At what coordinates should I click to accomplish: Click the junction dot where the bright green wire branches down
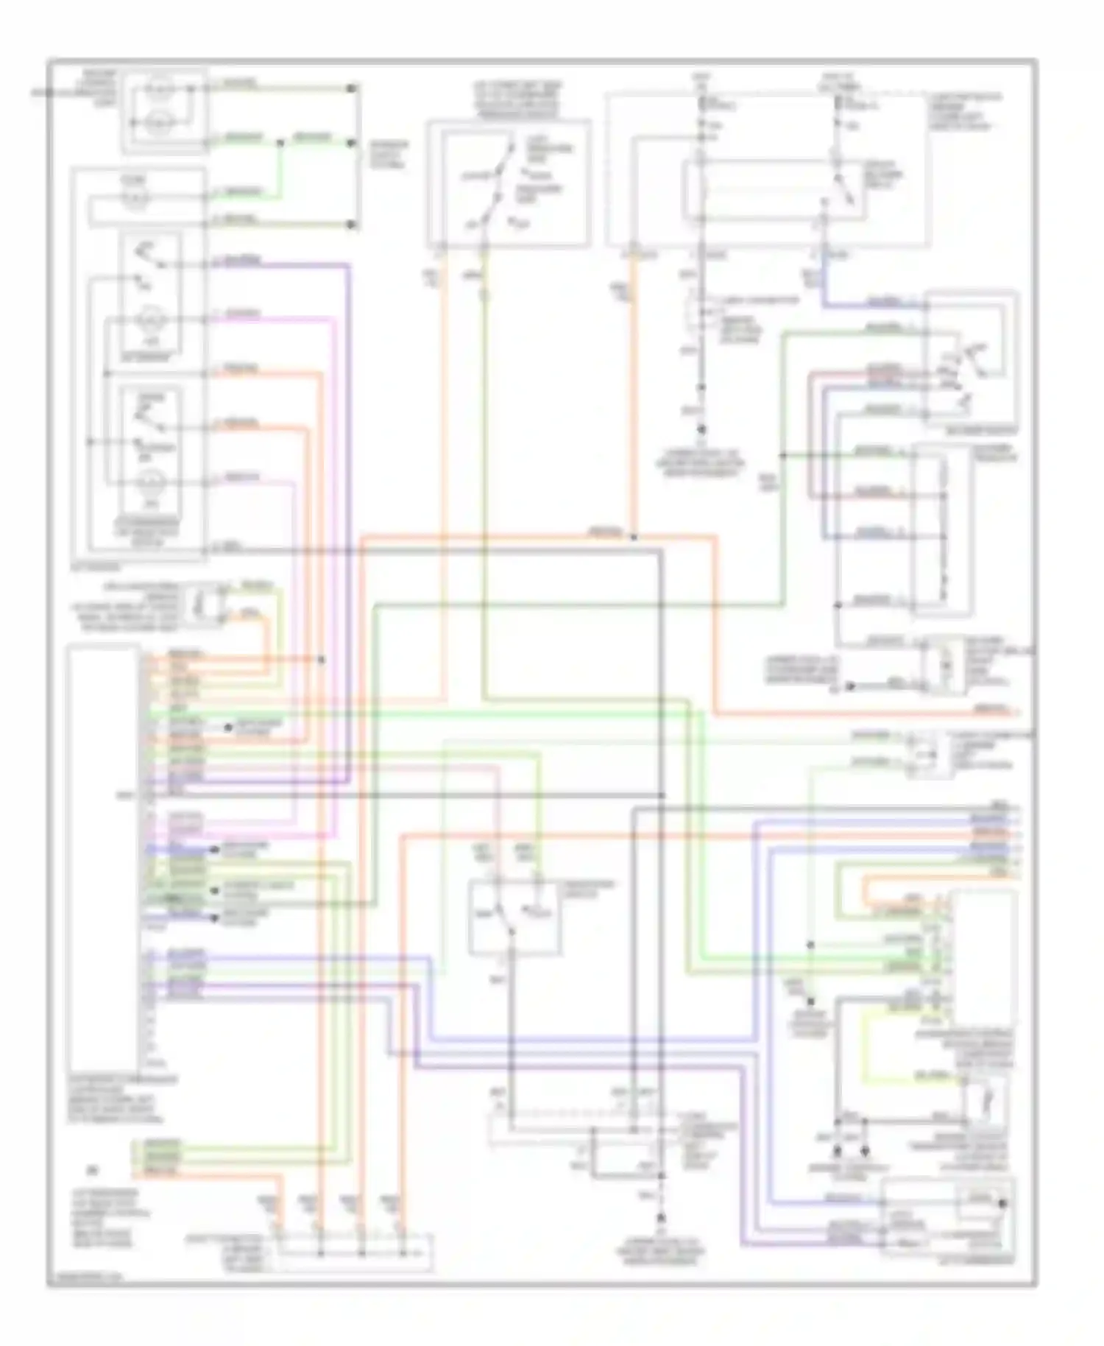pos(280,142)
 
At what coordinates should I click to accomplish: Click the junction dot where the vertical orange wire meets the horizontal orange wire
pos(634,538)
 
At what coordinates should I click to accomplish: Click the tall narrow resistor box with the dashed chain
pos(942,529)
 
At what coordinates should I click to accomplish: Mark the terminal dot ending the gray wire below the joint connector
pos(701,428)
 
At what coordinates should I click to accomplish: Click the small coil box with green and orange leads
pos(200,604)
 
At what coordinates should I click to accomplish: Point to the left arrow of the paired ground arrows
pos(837,1150)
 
